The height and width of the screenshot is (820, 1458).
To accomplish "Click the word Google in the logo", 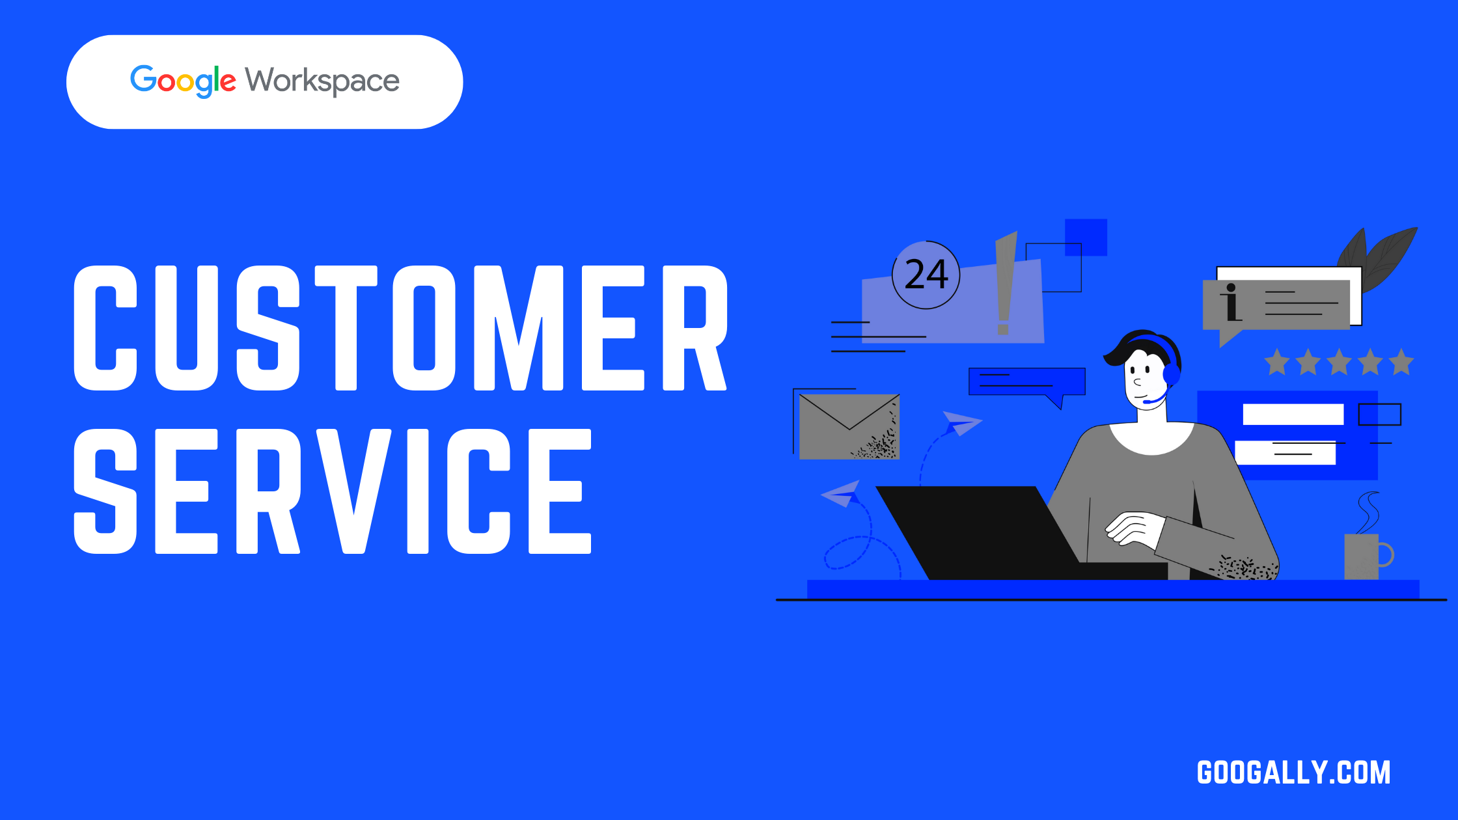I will click(x=183, y=81).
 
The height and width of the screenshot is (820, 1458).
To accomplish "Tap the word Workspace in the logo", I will click(x=322, y=81).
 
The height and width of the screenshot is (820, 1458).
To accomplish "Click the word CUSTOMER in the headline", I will click(x=400, y=328).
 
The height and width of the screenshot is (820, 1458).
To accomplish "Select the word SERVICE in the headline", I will click(x=333, y=491).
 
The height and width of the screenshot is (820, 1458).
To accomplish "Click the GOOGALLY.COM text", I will click(x=1293, y=772).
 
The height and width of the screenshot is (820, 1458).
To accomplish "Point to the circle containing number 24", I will click(x=926, y=275).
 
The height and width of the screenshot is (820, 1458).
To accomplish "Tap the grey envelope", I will click(x=849, y=426).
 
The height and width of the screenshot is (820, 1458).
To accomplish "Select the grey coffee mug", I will click(x=1362, y=556).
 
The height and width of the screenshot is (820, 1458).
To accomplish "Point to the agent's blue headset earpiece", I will click(x=1171, y=374).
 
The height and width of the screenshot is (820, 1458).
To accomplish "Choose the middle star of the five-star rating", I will click(x=1339, y=362).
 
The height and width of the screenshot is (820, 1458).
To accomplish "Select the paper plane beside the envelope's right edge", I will click(x=961, y=422).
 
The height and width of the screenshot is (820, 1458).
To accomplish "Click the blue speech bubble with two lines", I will click(x=1026, y=382).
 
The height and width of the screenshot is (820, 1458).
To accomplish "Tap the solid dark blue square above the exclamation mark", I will click(x=1086, y=237).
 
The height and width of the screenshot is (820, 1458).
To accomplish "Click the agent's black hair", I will click(x=1136, y=345).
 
